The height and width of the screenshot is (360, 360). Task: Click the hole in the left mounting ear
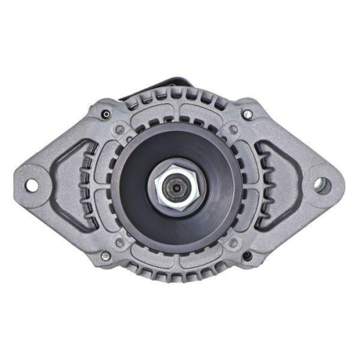(31, 185)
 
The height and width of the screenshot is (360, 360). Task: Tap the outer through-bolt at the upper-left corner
(106, 114)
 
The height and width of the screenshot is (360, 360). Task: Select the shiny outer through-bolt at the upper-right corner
(248, 114)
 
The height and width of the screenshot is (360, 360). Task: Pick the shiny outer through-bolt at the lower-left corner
(105, 255)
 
